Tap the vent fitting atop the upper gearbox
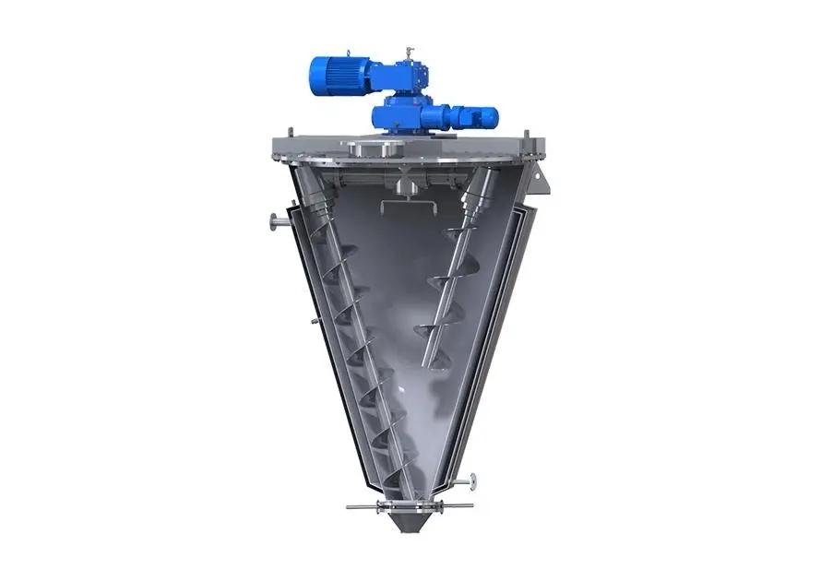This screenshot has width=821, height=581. click(406, 52)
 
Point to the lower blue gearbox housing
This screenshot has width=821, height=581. click(402, 115)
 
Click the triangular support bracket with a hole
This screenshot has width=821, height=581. click(540, 182)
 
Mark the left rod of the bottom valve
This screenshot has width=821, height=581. click(364, 506)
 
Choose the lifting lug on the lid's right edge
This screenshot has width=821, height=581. click(527, 136)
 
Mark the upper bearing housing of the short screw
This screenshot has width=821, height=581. click(484, 188)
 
